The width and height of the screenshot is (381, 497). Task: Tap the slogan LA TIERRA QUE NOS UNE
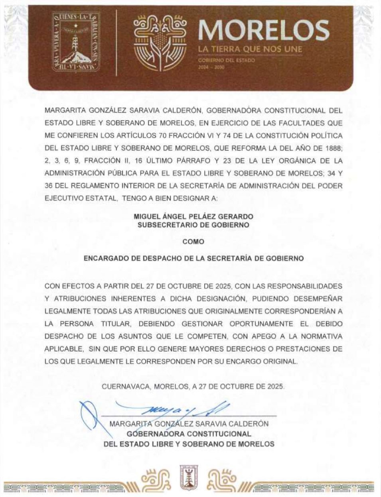pyautogui.click(x=250, y=49)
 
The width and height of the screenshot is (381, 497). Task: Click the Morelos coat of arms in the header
pyautogui.click(x=76, y=42)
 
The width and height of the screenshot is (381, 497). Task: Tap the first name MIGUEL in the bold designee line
pyautogui.click(x=147, y=217)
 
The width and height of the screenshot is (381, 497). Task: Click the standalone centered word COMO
pyautogui.click(x=193, y=242)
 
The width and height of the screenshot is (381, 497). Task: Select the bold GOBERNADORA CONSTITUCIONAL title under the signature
pyautogui.click(x=189, y=434)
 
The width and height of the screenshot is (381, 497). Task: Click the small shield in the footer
pyautogui.click(x=190, y=477)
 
